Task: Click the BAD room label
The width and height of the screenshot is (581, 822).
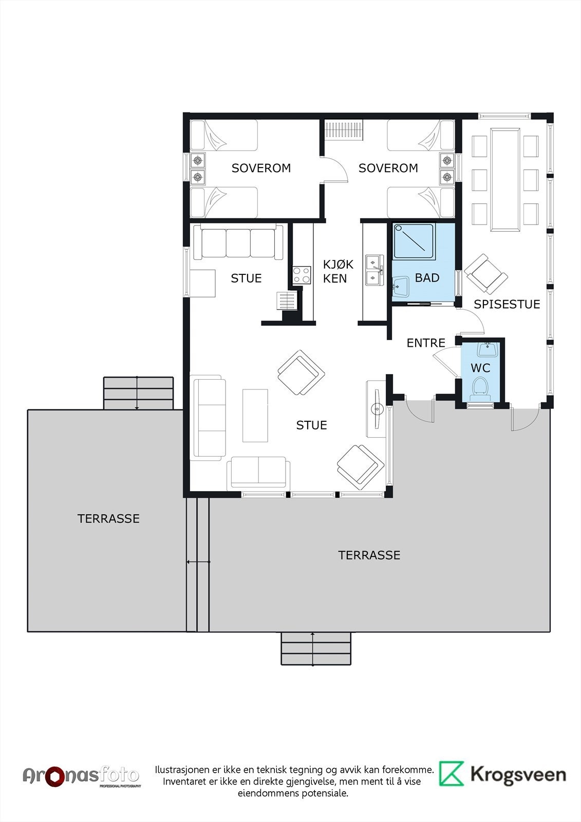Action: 427,278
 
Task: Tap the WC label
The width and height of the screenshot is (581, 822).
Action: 480,368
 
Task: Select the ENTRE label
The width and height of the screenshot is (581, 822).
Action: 426,343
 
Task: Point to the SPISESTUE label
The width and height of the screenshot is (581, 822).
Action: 507,304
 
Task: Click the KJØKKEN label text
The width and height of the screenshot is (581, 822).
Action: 338,271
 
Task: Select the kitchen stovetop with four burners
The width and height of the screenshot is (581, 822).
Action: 302,275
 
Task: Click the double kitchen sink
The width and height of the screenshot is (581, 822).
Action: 374,270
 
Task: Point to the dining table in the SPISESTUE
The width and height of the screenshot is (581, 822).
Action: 505,179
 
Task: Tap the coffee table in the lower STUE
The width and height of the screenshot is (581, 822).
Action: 255,416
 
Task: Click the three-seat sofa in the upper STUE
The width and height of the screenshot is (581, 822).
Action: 238,242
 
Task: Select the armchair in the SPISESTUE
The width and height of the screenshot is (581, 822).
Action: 485,273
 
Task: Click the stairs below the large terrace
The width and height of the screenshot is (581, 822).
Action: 315,648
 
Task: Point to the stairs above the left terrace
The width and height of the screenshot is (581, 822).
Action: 138,393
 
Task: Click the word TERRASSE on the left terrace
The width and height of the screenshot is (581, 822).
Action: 108,518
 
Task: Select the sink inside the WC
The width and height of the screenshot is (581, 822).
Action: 487,349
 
